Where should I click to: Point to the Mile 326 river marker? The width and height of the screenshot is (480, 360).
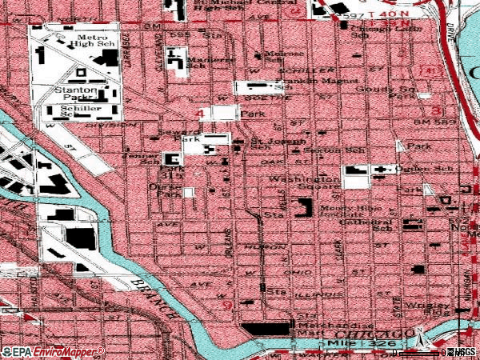click(349, 343)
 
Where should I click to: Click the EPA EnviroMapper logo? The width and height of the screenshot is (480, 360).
click(53, 351)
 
